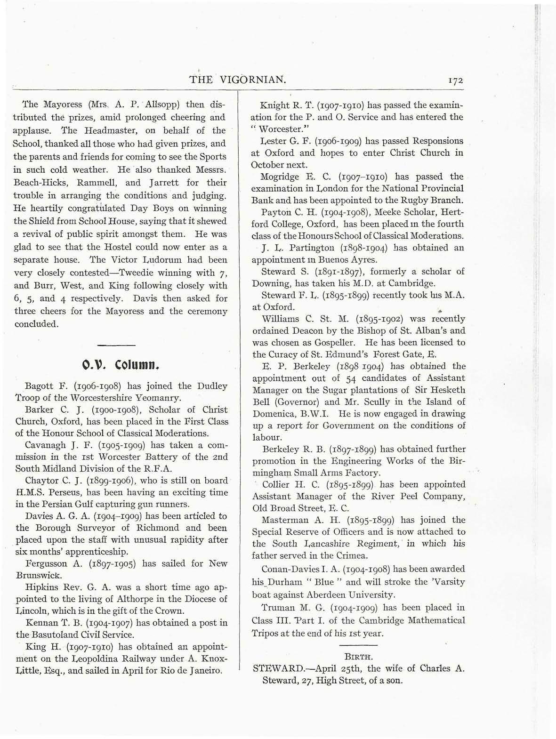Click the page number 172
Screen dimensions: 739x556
pos(455,80)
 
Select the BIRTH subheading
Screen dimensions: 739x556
pos(358,655)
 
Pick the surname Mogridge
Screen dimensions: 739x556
pos(279,177)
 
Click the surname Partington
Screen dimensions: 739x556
pos(311,248)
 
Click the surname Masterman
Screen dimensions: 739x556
pos(285,520)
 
